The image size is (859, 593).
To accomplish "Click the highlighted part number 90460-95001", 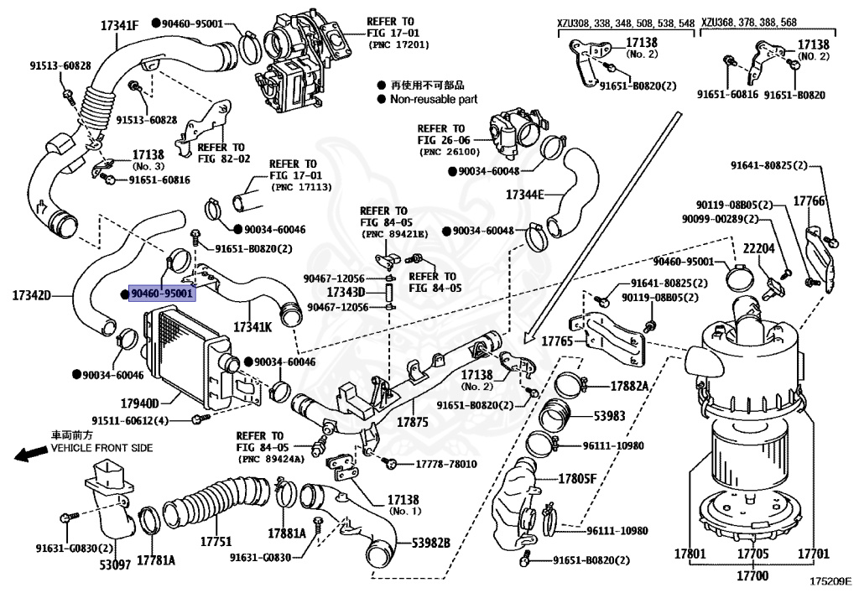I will (162, 294).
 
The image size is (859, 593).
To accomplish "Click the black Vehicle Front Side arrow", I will (32, 455).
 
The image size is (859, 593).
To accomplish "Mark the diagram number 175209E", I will (830, 580).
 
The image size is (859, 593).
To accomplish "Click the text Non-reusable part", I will (434, 99).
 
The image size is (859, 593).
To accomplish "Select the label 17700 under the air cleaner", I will (752, 576).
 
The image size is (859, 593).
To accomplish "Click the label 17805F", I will (578, 479).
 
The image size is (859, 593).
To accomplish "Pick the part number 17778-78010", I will (446, 464).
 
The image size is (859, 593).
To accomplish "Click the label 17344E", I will (525, 195).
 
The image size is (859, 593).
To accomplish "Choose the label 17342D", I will (32, 295).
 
